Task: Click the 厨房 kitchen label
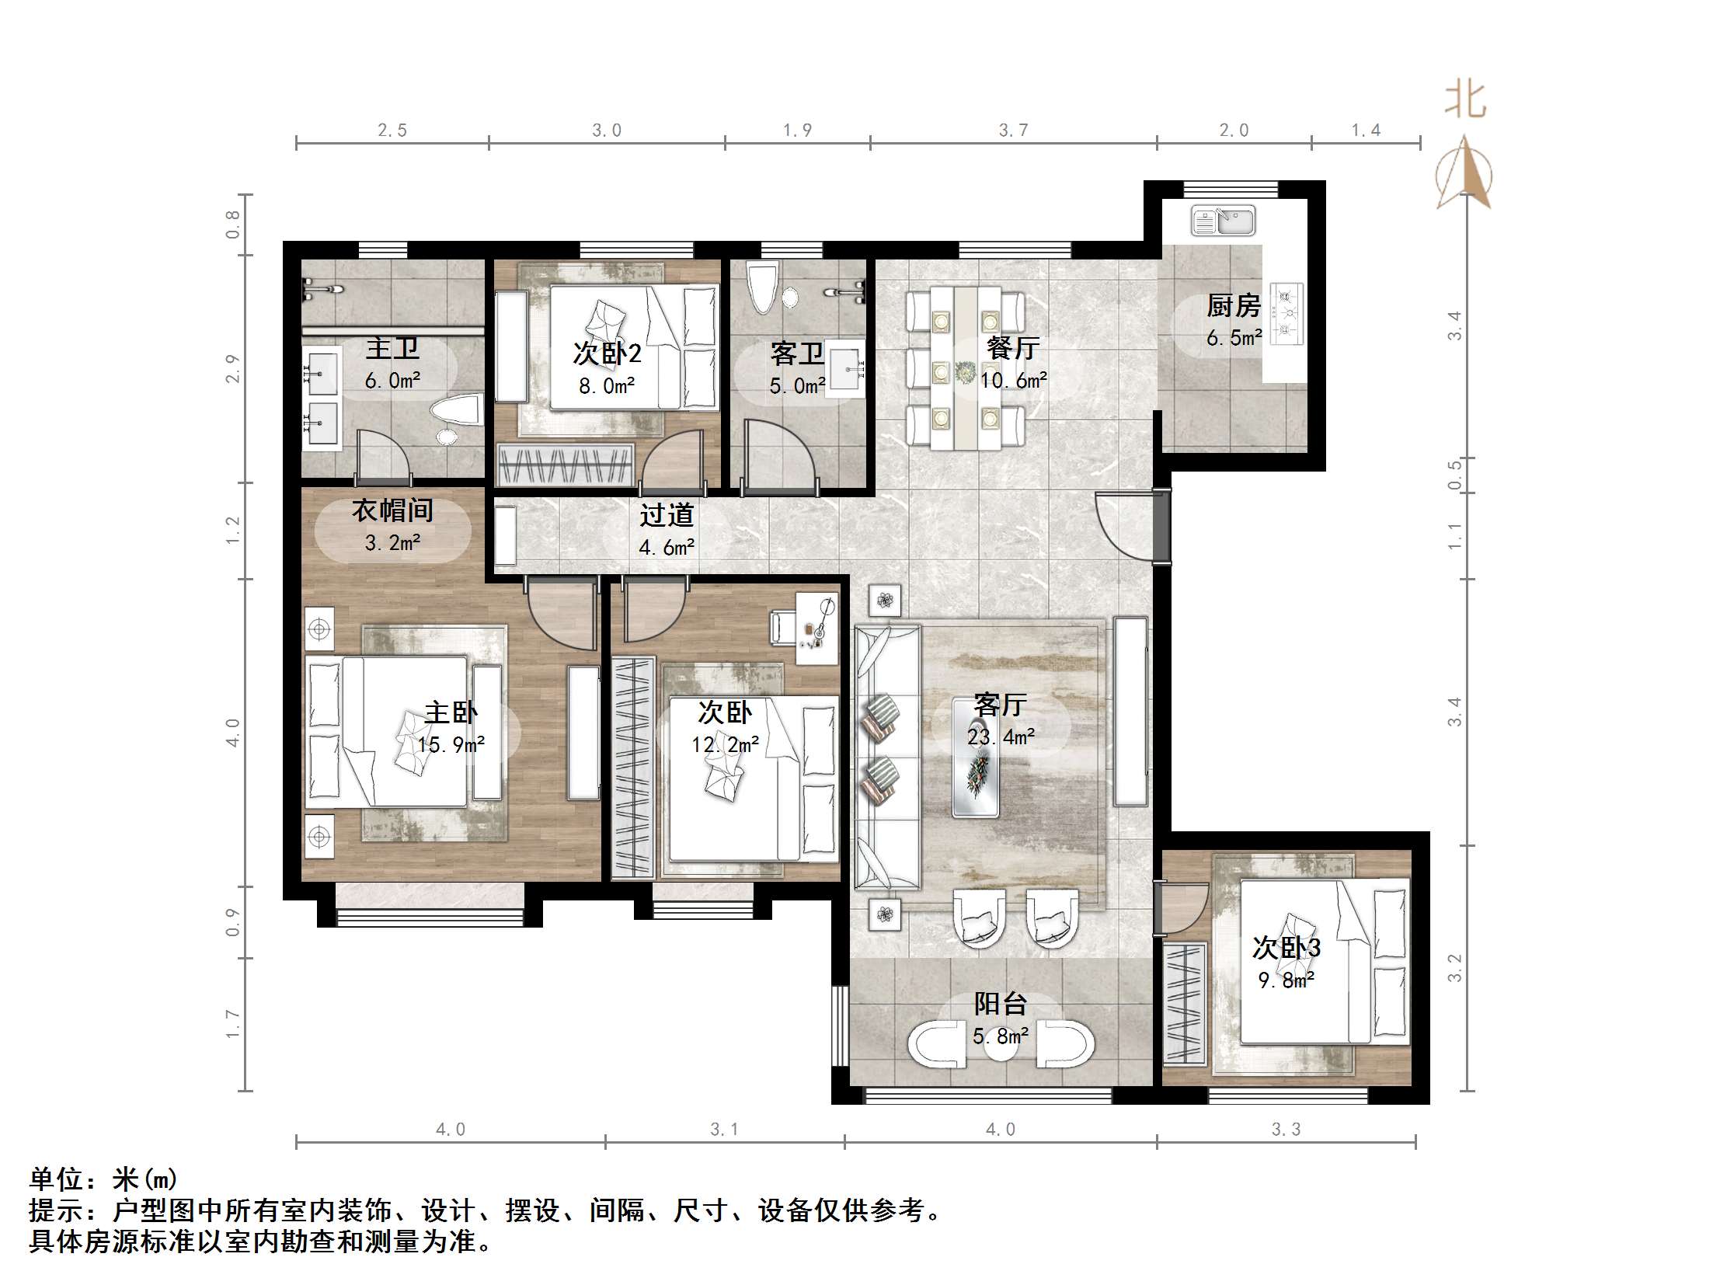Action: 1233,306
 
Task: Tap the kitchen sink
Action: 1224,221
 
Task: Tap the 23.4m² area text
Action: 1001,737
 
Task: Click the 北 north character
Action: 1465,100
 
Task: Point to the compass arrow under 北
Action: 1464,175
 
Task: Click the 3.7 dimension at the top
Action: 1013,131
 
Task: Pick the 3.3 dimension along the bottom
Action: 1286,1129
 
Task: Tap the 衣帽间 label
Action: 392,510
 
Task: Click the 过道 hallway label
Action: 667,515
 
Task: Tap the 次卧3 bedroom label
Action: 1286,947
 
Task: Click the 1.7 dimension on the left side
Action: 232,1024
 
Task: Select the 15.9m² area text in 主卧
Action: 451,744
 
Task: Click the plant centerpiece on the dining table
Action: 966,373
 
